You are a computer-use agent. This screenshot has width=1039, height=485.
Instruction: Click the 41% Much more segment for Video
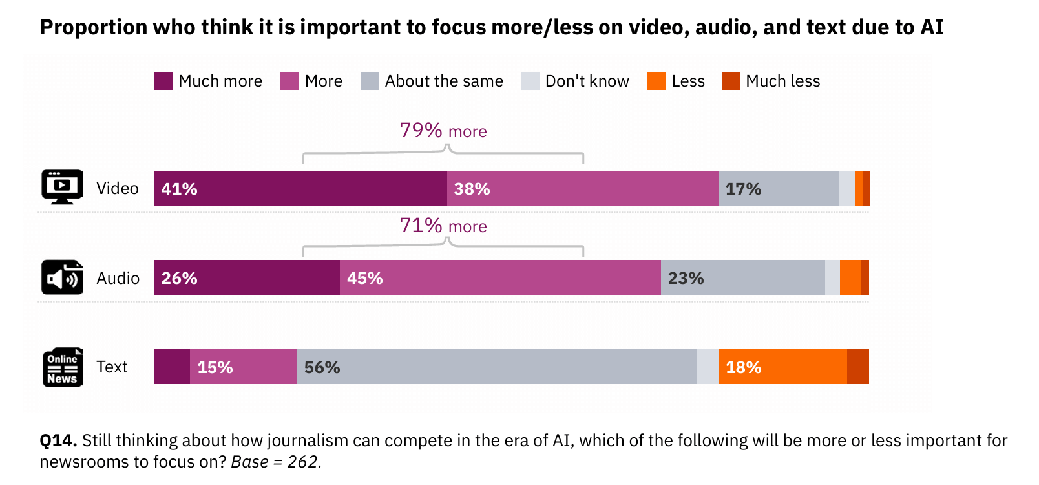pos(300,188)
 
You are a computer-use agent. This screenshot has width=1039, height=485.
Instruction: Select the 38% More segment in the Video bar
pos(582,188)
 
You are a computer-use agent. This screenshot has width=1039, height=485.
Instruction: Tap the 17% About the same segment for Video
pos(779,188)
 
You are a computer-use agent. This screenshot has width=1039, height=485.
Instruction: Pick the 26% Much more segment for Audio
pos(247,277)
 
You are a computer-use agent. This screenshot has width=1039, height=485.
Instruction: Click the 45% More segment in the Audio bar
pos(500,277)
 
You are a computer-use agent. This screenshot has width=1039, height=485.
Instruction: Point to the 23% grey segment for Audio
pos(743,277)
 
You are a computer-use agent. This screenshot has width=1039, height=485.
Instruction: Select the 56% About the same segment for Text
pos(497,367)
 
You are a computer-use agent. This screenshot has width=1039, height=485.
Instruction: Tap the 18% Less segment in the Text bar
pos(782,367)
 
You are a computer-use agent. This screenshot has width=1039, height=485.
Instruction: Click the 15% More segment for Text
pos(244,367)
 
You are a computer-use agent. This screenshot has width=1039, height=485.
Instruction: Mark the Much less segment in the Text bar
pos(858,367)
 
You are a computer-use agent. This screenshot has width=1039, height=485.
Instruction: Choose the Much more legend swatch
pos(163,81)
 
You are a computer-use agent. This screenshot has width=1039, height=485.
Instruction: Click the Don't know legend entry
pos(575,81)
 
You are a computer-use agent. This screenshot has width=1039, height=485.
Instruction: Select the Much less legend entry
pos(771,81)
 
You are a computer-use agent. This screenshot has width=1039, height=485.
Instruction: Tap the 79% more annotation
pos(443,131)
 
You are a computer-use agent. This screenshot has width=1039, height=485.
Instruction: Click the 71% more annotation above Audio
pos(443,226)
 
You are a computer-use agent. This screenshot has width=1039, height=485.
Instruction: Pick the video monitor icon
pos(62,187)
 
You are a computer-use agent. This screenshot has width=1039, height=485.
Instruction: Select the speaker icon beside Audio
pos(62,277)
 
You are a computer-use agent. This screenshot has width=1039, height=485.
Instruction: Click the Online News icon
pos(62,367)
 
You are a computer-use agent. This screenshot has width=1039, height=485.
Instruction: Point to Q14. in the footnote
pos(58,440)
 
